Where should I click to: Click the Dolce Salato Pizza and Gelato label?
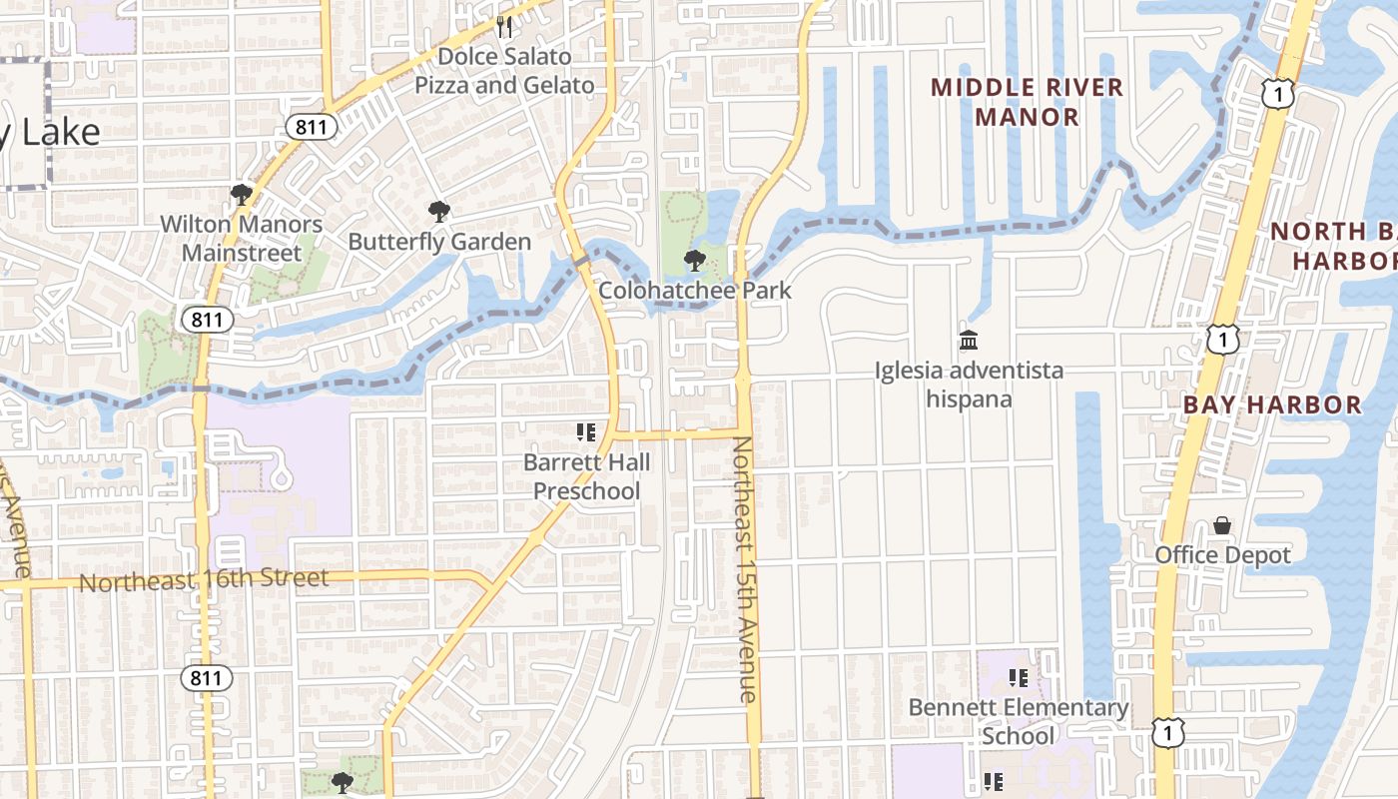coord(504,71)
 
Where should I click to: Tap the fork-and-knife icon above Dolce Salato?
coord(504,26)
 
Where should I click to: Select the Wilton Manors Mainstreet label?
coord(242,239)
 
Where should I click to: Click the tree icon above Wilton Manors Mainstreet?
coord(241,194)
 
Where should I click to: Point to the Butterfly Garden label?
coord(439,242)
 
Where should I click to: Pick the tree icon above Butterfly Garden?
coord(438,211)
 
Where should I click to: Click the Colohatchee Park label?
coord(695,291)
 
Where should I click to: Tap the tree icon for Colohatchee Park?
coord(694,261)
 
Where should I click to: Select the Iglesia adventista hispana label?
coord(969,386)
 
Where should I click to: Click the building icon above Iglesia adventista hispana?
coord(968,341)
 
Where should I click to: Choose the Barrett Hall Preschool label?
coord(587,476)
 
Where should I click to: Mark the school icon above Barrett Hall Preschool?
coord(586,432)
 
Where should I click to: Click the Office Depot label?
coord(1223,555)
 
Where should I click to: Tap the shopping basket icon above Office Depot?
coord(1222,525)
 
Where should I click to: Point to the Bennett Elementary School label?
coord(1019,722)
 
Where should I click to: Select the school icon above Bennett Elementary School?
coord(1019,678)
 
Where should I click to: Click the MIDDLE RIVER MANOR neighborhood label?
coord(1028,102)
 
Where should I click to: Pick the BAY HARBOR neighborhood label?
coord(1272,404)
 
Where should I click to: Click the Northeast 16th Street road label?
coord(204,579)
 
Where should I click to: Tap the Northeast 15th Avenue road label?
coord(746,569)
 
